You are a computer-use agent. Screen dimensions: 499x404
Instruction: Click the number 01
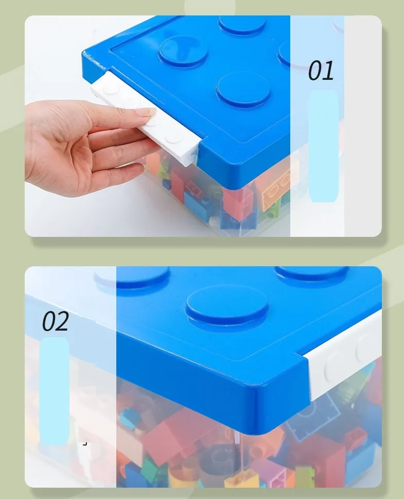click(x=321, y=71)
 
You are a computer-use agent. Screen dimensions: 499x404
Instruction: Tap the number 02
click(x=55, y=322)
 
